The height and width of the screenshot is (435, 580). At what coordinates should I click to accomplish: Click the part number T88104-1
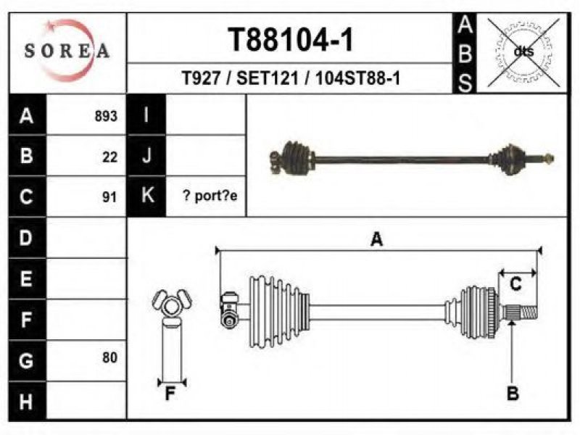[291, 40]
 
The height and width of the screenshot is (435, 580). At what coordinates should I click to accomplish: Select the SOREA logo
[67, 50]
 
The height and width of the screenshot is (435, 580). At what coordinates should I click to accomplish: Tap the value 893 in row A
[106, 116]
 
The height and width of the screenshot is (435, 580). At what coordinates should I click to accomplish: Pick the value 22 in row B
[110, 157]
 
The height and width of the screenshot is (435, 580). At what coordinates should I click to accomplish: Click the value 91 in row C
[110, 197]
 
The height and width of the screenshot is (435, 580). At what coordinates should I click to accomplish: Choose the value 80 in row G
[110, 357]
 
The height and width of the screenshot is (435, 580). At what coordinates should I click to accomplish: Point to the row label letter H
[25, 402]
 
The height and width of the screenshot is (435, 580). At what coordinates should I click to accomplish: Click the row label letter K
[148, 194]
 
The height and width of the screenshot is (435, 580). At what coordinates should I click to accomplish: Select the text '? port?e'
[210, 196]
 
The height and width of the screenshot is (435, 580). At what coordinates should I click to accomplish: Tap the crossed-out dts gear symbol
[523, 52]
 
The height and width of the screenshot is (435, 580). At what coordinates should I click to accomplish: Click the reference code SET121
[268, 78]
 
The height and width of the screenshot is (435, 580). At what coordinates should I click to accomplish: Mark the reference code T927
[202, 78]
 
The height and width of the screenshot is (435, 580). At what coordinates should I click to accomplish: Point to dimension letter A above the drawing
[376, 239]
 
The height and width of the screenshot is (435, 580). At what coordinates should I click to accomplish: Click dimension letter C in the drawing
[515, 284]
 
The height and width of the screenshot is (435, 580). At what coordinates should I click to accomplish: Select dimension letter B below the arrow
[513, 393]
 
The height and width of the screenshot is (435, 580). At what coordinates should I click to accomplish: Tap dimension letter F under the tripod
[170, 394]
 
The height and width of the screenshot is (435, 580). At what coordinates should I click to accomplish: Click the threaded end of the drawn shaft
[529, 312]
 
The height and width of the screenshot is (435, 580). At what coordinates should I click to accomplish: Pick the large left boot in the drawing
[279, 312]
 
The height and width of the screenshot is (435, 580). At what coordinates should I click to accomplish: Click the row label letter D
[25, 238]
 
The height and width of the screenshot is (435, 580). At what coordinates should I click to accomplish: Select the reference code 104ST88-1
[357, 78]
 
